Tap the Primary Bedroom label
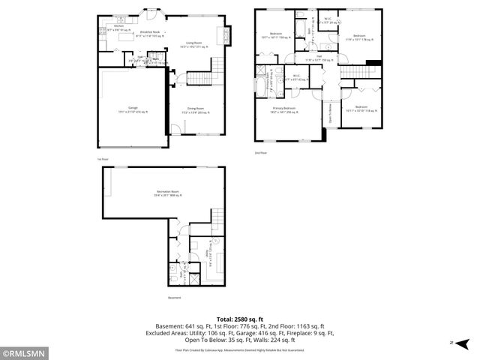tap(284, 109)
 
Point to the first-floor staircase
tap(200, 78)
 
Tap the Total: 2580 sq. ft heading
tap(239, 319)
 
